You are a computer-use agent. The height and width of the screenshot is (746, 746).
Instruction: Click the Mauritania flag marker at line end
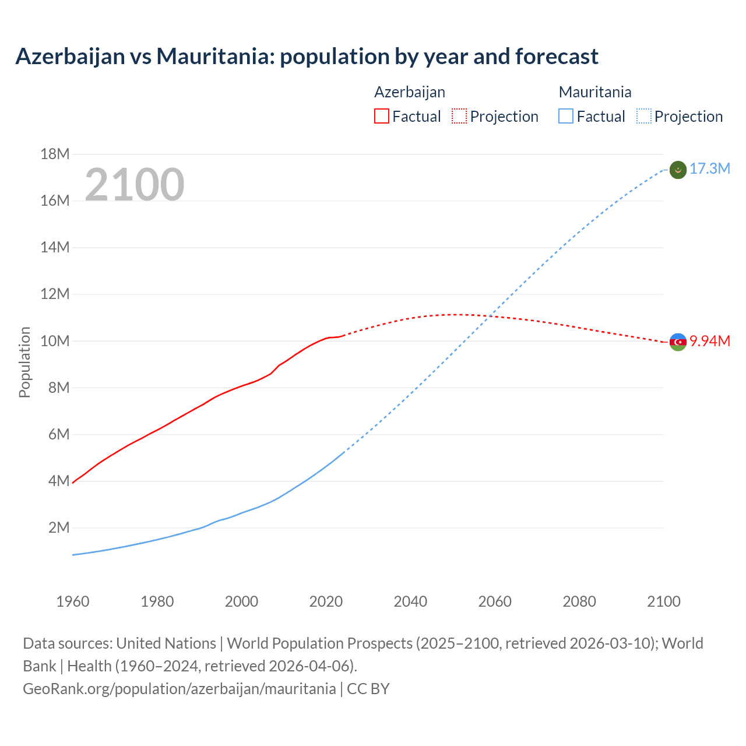[x=678, y=170]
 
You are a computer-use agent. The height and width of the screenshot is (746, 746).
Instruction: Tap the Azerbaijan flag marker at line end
[x=678, y=342]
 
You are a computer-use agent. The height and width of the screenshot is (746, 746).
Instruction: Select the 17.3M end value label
[x=709, y=169]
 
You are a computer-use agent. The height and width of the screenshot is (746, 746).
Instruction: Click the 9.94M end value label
[x=709, y=342]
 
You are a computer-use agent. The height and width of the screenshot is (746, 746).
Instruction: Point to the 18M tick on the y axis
[x=55, y=154]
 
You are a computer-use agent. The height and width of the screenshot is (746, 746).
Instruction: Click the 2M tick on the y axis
[x=58, y=528]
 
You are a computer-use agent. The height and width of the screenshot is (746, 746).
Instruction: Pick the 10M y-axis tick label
[x=55, y=341]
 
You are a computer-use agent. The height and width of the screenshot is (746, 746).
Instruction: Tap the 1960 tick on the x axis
[x=73, y=601]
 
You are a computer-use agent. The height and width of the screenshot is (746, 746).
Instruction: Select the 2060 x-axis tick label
[x=495, y=601]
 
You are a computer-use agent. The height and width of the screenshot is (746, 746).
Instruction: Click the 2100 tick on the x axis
[x=664, y=601]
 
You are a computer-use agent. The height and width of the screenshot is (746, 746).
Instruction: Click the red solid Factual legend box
[x=382, y=117]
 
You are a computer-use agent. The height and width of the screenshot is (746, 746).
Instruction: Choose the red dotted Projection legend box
[x=459, y=117]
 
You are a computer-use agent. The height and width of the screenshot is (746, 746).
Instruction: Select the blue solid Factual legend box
[x=566, y=117]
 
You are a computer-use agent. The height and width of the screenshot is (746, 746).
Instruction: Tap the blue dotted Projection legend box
[x=644, y=117]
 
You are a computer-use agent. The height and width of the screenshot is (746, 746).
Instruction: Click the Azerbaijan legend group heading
[x=410, y=92]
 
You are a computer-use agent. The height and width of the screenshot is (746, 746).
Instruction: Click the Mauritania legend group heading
[x=595, y=92]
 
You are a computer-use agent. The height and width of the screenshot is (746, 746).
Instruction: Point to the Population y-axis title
[x=24, y=362]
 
